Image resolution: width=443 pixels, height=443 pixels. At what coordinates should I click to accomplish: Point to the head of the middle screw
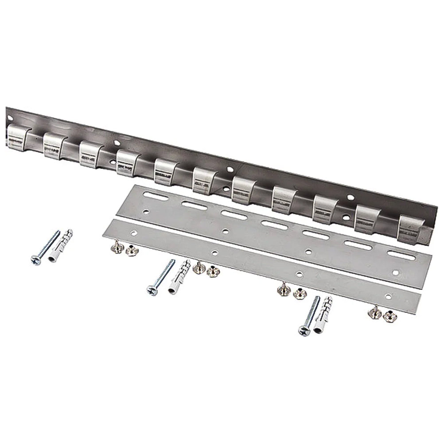(x=152, y=291)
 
